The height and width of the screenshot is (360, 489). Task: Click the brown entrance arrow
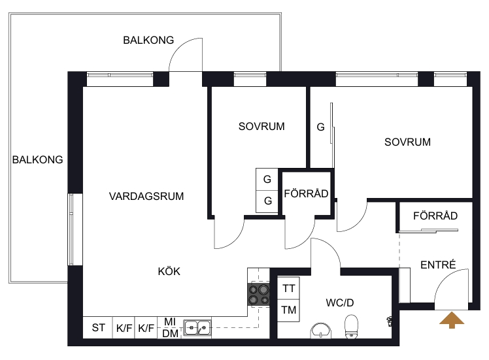click(x=452, y=321)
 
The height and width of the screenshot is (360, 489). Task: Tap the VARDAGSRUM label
click(x=146, y=197)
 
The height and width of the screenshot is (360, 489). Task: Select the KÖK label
click(x=169, y=271)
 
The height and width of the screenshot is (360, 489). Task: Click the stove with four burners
click(x=258, y=295)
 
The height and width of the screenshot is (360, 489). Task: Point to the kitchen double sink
click(x=197, y=328)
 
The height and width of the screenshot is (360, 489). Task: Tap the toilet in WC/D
click(x=352, y=326)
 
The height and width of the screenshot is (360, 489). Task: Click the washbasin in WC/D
click(x=321, y=331)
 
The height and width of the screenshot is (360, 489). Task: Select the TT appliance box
click(x=288, y=288)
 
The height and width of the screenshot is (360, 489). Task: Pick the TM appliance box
click(x=288, y=310)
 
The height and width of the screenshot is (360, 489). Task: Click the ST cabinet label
click(x=99, y=328)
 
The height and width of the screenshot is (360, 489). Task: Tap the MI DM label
click(x=170, y=327)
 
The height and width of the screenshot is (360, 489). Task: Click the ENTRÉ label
click(x=438, y=265)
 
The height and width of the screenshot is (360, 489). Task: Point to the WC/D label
click(x=339, y=303)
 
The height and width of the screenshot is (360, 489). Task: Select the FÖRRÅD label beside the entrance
click(x=435, y=216)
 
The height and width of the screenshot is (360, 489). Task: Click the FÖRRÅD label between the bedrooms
click(x=306, y=193)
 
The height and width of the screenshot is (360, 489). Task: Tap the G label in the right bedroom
click(x=320, y=127)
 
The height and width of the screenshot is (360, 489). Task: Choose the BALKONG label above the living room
click(x=148, y=41)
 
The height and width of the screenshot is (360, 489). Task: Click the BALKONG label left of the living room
click(x=37, y=160)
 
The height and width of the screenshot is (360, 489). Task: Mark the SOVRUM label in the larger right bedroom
click(x=407, y=142)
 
